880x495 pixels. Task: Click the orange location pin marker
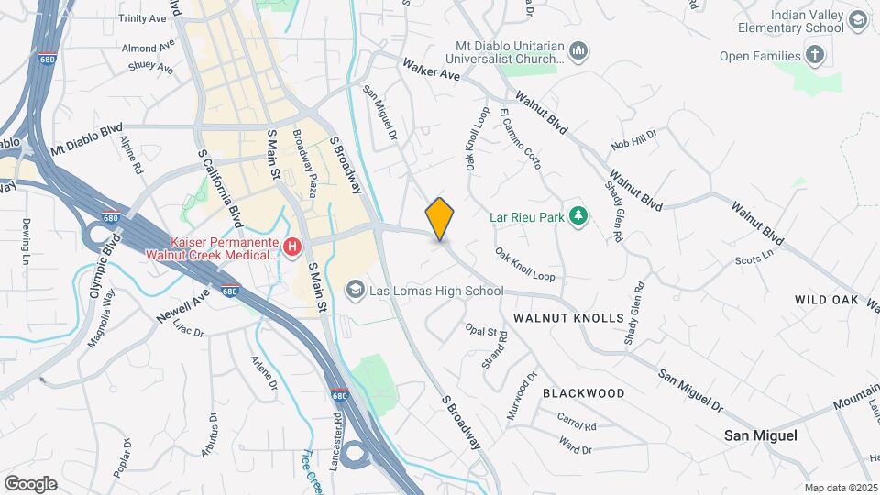(440, 219)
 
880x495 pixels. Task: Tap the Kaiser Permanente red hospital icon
(292, 247)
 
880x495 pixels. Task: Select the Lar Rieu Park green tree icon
(578, 216)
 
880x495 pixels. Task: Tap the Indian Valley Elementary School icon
(858, 21)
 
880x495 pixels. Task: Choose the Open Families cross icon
(815, 55)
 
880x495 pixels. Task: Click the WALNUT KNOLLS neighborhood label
(568, 318)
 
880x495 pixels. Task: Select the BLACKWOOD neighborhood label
(583, 393)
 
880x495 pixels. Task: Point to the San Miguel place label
(760, 435)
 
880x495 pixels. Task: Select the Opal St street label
(480, 331)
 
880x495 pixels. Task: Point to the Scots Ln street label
(754, 259)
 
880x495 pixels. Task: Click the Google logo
(30, 483)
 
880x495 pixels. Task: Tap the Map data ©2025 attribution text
(841, 488)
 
